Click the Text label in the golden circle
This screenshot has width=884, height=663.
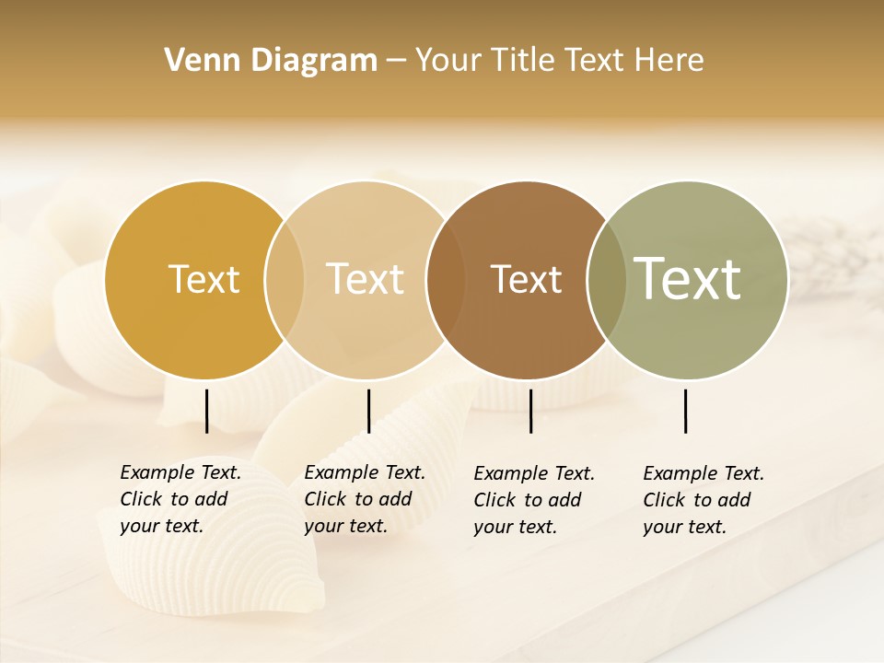click(x=204, y=279)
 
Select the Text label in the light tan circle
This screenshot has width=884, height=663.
click(x=365, y=279)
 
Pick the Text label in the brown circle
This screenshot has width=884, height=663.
click(x=526, y=279)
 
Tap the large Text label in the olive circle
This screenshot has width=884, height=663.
click(x=687, y=278)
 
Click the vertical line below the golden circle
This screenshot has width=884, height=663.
click(x=206, y=411)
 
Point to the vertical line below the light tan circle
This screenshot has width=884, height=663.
click(x=368, y=411)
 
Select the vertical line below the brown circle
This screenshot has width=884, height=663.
click(x=530, y=411)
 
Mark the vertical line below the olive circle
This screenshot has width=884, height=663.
click(x=685, y=411)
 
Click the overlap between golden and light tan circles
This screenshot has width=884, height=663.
click(x=285, y=279)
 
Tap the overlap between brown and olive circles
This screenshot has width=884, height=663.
click(x=606, y=279)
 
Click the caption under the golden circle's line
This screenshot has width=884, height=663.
click(x=180, y=499)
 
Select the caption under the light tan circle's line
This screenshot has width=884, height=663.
click(x=364, y=499)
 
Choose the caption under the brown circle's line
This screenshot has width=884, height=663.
click(x=533, y=500)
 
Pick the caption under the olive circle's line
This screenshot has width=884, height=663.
click(x=703, y=500)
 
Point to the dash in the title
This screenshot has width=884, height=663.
click(x=396, y=61)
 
